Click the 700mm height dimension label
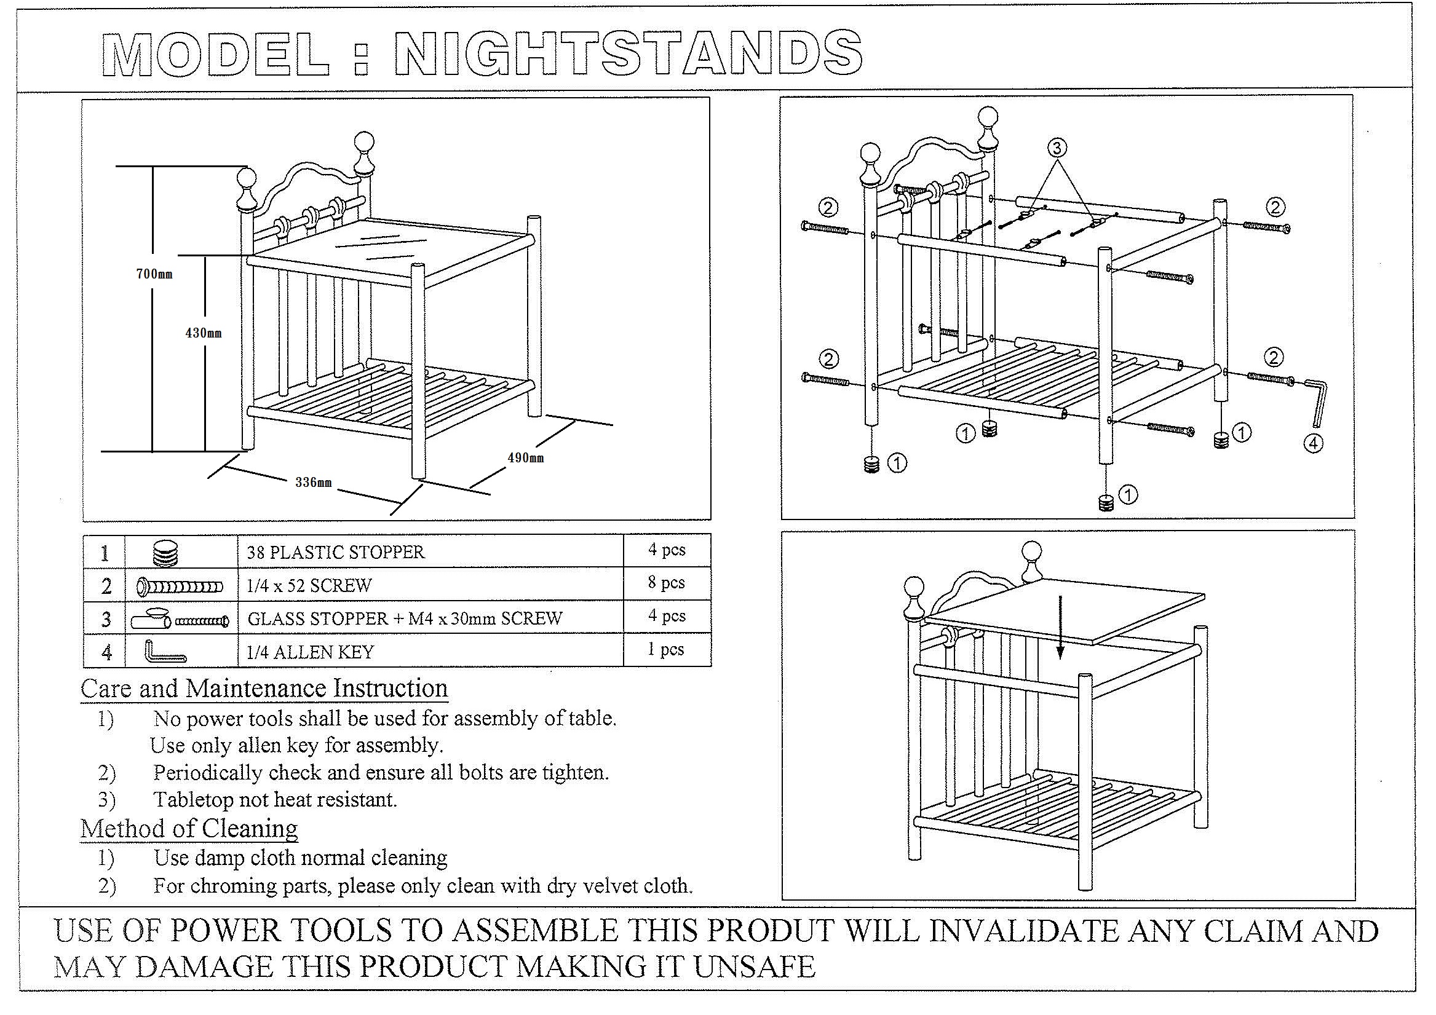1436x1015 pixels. [154, 274]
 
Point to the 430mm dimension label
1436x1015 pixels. [204, 333]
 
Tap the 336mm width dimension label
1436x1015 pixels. [314, 482]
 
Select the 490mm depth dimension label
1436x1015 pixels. [525, 458]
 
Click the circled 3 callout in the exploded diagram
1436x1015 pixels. [1057, 148]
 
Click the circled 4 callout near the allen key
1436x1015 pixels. [1314, 443]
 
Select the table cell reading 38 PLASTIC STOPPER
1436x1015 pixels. [430, 551]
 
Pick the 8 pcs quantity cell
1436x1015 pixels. [667, 583]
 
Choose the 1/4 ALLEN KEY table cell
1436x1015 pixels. [430, 650]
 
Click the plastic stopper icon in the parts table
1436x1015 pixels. [166, 552]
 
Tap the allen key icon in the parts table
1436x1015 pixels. [165, 651]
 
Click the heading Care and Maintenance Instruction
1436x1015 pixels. [264, 689]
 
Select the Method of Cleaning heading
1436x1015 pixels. [189, 829]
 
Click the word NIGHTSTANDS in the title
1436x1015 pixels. [629, 53]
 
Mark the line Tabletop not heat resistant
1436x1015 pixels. [275, 799]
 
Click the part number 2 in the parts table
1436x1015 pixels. [106, 586]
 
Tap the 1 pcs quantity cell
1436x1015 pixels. [666, 649]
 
